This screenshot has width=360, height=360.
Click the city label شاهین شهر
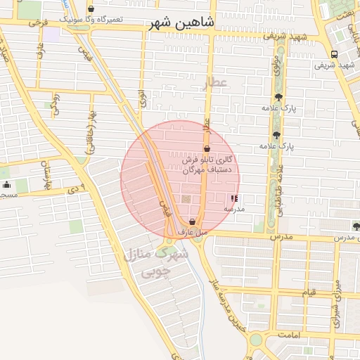click(181, 23)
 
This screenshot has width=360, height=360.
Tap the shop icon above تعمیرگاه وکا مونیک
click(91, 9)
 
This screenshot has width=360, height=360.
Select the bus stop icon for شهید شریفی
click(334, 54)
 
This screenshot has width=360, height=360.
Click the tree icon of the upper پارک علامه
click(279, 97)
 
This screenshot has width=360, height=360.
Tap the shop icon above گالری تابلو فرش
click(207, 149)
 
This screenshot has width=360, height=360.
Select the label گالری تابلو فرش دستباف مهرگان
click(202, 165)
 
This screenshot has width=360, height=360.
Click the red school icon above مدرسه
click(234, 199)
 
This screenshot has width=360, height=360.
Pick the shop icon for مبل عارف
click(192, 222)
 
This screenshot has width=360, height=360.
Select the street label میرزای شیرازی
click(336, 295)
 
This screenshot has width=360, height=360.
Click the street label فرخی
click(36, 23)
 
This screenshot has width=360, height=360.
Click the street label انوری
click(143, 98)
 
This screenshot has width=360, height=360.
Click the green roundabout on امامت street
click(255, 341)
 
